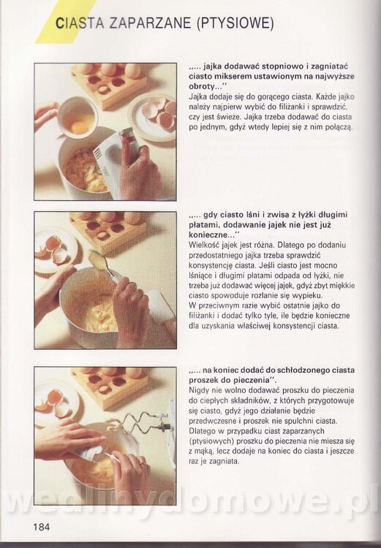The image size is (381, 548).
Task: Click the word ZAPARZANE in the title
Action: click(x=150, y=23)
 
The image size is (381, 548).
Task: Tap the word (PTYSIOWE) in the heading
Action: click(x=235, y=23)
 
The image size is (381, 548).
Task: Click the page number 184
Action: click(x=42, y=526)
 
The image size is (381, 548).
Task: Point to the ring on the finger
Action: click(x=142, y=463)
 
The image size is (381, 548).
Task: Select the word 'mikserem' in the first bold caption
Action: click(x=235, y=76)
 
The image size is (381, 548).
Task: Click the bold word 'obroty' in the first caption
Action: click(x=201, y=86)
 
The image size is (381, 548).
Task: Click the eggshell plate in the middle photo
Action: click(x=56, y=250)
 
